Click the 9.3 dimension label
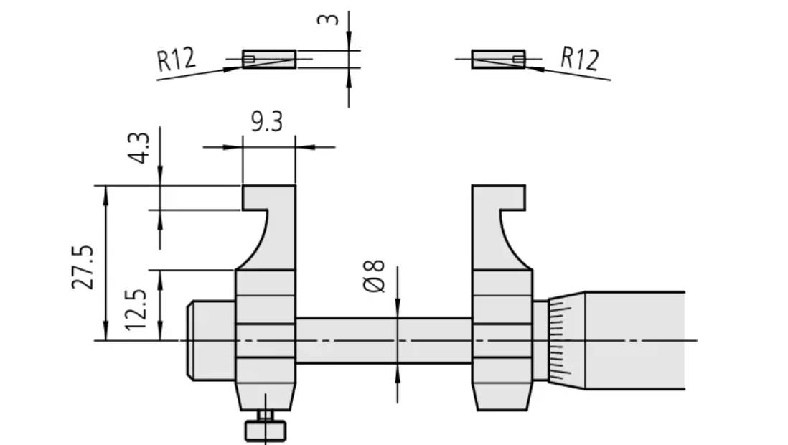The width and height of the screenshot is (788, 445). [266, 122]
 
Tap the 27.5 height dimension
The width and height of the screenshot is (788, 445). [83, 266]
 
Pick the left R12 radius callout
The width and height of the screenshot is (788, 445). [176, 60]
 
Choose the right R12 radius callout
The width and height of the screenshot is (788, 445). [579, 59]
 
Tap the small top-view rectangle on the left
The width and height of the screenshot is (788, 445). [269, 59]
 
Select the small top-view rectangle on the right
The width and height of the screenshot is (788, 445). [498, 59]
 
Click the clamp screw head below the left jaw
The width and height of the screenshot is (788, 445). [266, 429]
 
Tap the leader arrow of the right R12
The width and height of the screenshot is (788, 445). [535, 69]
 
